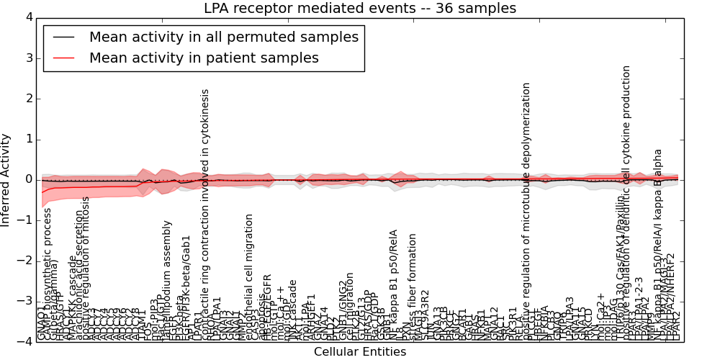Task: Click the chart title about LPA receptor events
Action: pyautogui.click(x=360, y=9)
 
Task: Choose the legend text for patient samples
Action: pyautogui.click(x=204, y=58)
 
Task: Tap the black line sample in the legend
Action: pyautogui.click(x=63, y=37)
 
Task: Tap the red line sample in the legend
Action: pyautogui.click(x=63, y=58)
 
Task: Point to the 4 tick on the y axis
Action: pyautogui.click(x=27, y=17)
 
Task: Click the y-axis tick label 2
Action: pyautogui.click(x=27, y=99)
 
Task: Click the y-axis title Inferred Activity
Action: pyautogui.click(x=6, y=180)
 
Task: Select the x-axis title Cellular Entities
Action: pyautogui.click(x=360, y=352)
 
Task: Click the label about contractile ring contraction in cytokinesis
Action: pyautogui.click(x=206, y=215)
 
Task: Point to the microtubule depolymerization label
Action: pyautogui.click(x=527, y=210)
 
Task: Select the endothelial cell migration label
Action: pyautogui.click(x=250, y=276)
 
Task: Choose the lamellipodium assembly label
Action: pyautogui.click(x=168, y=280)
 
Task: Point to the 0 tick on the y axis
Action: pyautogui.click(x=27, y=179)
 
